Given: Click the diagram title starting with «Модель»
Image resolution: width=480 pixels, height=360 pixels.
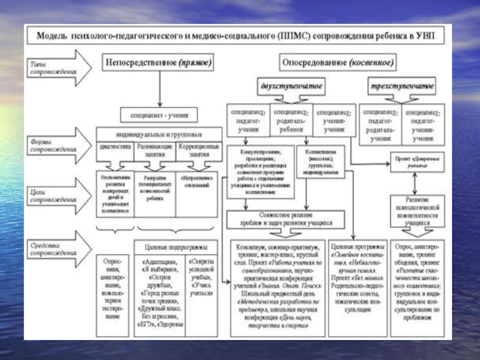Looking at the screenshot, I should tap(240, 35).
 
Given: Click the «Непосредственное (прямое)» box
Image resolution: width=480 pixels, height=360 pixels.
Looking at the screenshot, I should tap(159, 62).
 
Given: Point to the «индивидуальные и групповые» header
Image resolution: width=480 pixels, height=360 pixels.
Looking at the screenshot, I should tap(158, 133).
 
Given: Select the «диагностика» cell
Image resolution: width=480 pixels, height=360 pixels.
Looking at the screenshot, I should tap(115, 146).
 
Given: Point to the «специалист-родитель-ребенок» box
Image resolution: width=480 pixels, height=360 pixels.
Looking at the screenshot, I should tap(291, 121).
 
